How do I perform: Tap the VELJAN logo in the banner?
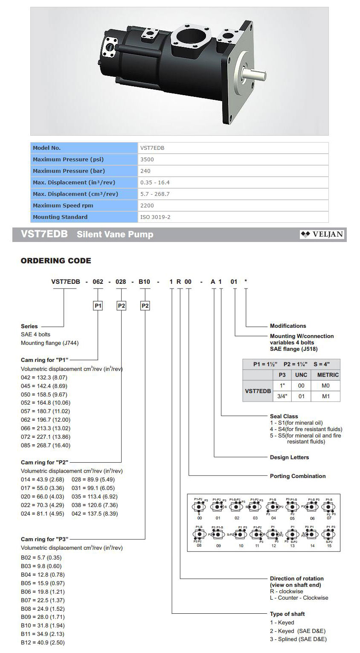coord(322,234)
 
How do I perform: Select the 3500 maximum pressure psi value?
coord(147,160)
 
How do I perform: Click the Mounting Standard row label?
coord(60,217)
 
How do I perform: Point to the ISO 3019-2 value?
coord(155,217)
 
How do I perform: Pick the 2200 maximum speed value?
coord(147,205)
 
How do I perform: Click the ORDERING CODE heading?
coord(56,261)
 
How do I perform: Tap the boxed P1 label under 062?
coord(98,306)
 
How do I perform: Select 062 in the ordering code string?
coord(98,282)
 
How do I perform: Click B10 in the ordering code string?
coord(145,282)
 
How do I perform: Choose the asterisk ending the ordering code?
coord(246,282)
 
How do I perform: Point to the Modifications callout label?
coord(288,326)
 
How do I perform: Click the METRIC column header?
coord(328,375)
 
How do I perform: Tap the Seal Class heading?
coord(284,416)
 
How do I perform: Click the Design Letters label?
coord(289,458)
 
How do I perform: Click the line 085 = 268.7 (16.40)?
coord(46,445)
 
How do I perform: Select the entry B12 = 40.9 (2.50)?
coord(43,642)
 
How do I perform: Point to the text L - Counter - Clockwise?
coord(299,598)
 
